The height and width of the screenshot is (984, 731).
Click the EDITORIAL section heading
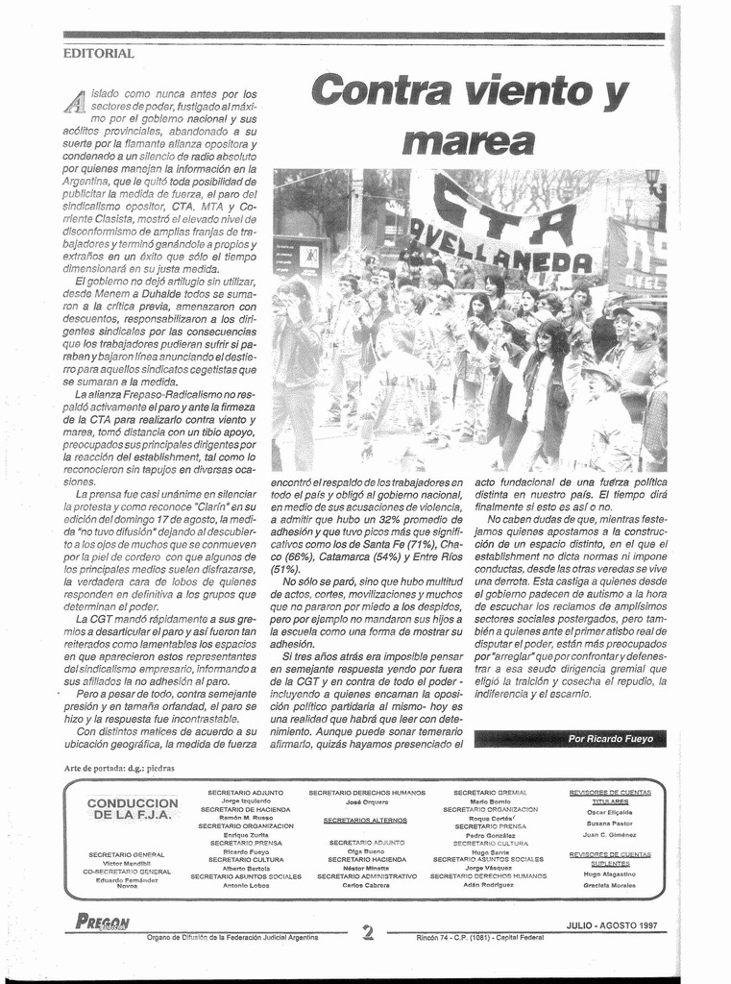99,54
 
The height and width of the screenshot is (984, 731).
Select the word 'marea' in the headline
469,141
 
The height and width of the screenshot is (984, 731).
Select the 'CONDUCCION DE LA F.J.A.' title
133,808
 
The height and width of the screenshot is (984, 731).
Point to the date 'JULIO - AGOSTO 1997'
612,926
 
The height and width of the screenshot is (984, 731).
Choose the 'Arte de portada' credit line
119,768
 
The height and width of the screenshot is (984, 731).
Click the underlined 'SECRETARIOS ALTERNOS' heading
365,821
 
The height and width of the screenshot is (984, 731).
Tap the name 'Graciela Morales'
610,885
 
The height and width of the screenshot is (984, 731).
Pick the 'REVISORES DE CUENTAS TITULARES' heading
610,797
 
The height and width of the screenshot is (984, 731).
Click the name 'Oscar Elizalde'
610,812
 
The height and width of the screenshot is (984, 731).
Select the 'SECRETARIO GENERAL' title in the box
126,854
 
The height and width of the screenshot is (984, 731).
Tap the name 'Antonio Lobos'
246,885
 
